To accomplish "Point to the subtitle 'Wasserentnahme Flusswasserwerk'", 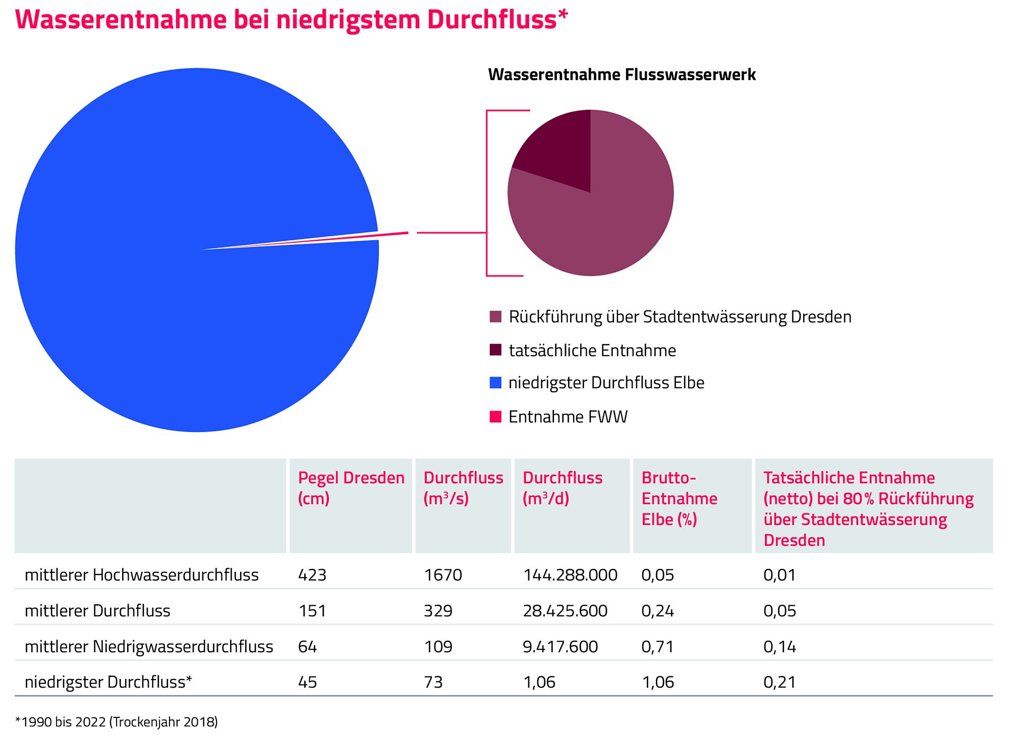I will [x=622, y=75].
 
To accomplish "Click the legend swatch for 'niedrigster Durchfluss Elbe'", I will [x=495, y=383].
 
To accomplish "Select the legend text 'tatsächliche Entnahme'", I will [x=592, y=350].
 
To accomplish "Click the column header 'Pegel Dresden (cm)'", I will [x=351, y=488].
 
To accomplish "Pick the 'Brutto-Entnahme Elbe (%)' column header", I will [x=679, y=498].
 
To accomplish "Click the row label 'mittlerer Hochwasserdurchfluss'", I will [x=142, y=575].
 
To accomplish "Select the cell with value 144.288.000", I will [x=570, y=575].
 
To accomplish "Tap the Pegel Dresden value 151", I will [x=312, y=611].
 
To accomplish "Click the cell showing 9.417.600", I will [x=560, y=647].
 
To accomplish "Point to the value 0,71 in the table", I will [x=657, y=647].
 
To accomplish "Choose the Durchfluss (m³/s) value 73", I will [x=433, y=682].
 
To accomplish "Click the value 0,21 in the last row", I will [x=779, y=682].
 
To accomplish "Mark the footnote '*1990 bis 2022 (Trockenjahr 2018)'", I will [x=117, y=722].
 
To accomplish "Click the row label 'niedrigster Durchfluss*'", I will [x=108, y=682].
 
